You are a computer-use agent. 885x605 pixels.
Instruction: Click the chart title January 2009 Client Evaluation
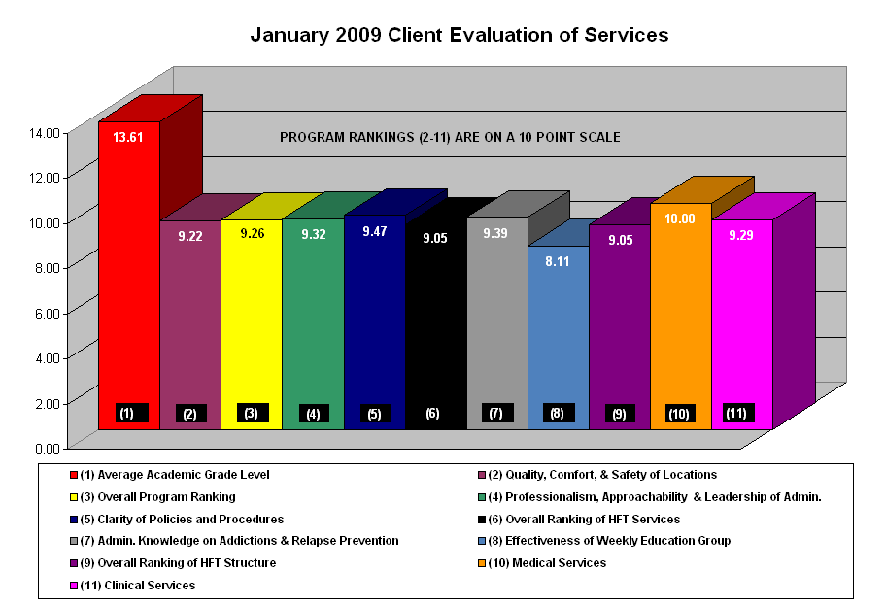tap(459, 35)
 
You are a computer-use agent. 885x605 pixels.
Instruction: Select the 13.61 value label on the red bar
tap(128, 137)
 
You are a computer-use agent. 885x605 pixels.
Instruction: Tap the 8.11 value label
tap(558, 261)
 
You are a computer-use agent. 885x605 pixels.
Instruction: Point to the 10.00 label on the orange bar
tap(680, 218)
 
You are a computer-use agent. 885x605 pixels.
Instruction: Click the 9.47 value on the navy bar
tap(374, 231)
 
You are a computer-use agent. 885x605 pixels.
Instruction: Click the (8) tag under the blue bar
tap(558, 413)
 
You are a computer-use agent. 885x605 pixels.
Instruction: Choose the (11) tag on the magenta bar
tap(737, 413)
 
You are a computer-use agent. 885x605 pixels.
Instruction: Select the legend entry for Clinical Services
tap(138, 585)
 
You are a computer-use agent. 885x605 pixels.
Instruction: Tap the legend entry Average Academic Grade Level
tap(168, 474)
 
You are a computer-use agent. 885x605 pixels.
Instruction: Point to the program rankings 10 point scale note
tap(450, 137)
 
